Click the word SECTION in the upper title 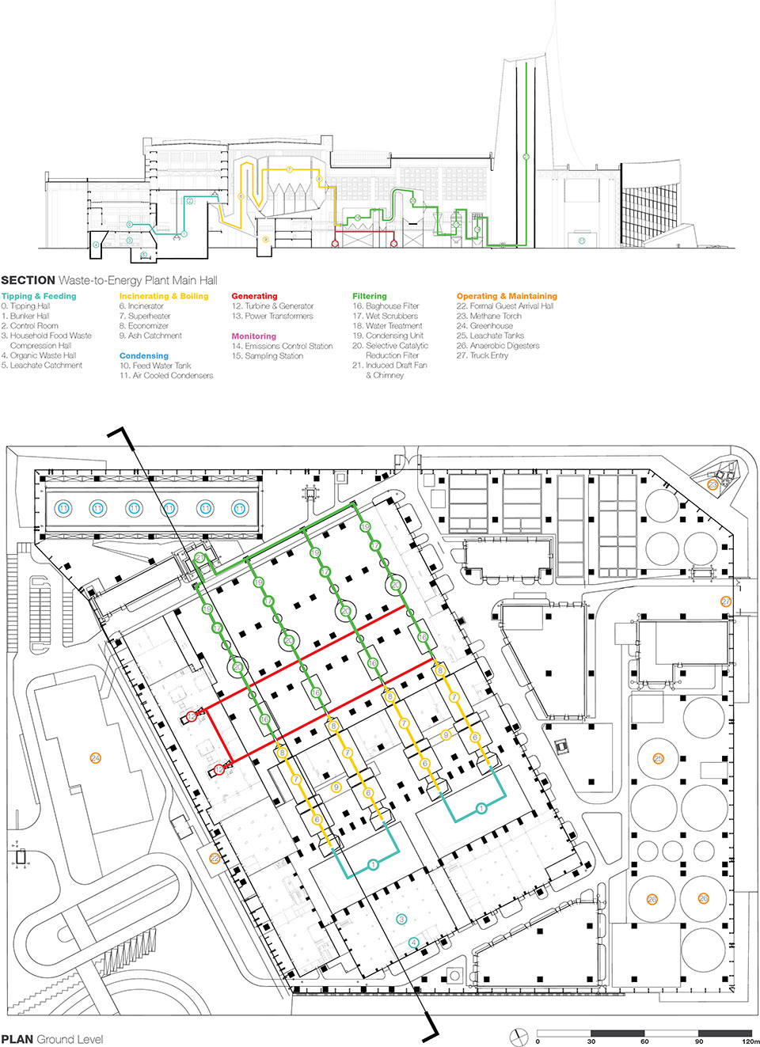[28, 280]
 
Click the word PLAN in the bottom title [17, 1039]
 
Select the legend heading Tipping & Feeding [39, 296]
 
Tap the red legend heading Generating [254, 296]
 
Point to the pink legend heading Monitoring [253, 336]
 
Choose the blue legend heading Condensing [144, 356]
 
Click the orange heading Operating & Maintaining [507, 296]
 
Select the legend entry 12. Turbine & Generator [272, 306]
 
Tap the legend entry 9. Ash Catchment [150, 336]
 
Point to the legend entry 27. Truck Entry [482, 355]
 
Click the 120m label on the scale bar [750, 1041]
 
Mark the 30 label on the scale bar [591, 1041]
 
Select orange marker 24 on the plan [96, 758]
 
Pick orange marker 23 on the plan [712, 485]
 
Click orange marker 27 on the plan [726, 602]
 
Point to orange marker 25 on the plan [658, 759]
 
